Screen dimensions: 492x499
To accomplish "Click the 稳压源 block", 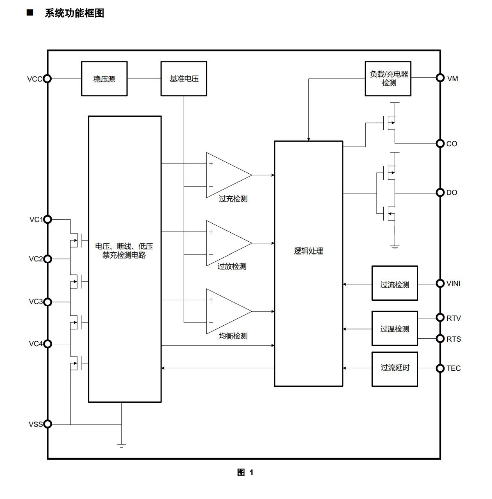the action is (104, 79).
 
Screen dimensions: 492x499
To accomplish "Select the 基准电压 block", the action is (184, 79).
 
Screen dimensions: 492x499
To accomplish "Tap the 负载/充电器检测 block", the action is (388, 79).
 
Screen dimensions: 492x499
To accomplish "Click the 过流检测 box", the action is (395, 283).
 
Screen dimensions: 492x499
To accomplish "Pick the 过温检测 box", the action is (395, 328).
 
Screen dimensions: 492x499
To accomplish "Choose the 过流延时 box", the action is (395, 369).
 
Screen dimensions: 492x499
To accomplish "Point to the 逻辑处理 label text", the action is (308, 251).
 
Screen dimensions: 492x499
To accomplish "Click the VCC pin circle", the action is (47, 79).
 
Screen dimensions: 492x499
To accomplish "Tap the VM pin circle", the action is (440, 77).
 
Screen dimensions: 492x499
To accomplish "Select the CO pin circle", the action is (440, 143).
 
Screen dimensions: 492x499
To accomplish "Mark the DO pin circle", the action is (440, 193).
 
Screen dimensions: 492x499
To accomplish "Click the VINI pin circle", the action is (440, 283).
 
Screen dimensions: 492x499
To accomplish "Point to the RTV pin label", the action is (453, 318).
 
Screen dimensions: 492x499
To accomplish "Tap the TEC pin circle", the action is (440, 368).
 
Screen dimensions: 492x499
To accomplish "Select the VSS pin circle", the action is (48, 424).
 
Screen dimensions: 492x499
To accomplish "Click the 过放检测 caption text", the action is (232, 266).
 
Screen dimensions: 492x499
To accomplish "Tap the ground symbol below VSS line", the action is (121, 446).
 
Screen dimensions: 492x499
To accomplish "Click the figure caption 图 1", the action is (245, 472).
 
